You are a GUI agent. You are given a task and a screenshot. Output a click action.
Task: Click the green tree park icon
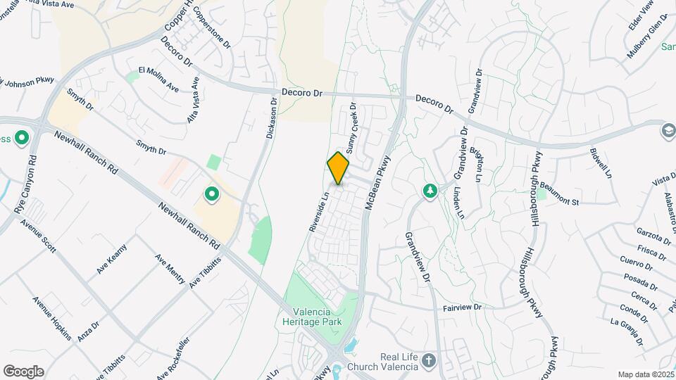pos(430,191)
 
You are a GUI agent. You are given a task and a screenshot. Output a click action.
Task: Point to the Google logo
pos(23,372)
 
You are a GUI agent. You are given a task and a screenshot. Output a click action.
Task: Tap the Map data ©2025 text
pos(645,374)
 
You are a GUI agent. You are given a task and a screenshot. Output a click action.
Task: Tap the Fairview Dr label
pos(462,308)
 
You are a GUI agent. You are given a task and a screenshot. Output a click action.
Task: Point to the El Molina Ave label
pos(158,79)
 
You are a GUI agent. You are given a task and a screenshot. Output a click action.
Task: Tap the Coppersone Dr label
pos(212,27)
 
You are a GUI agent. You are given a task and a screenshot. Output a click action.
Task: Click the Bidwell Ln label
pos(603,164)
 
